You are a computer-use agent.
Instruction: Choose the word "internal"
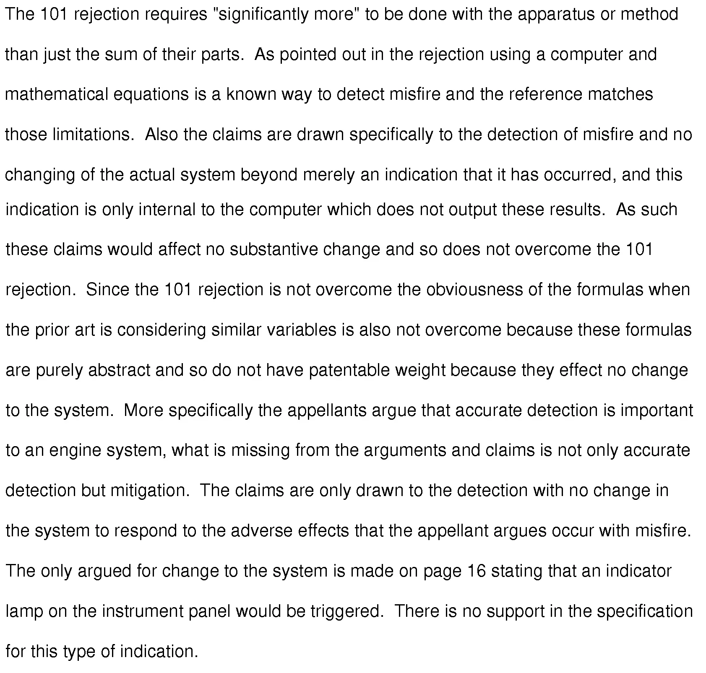[167, 209]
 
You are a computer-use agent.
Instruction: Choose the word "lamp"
[24, 611]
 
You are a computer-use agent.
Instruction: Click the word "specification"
[645, 611]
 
